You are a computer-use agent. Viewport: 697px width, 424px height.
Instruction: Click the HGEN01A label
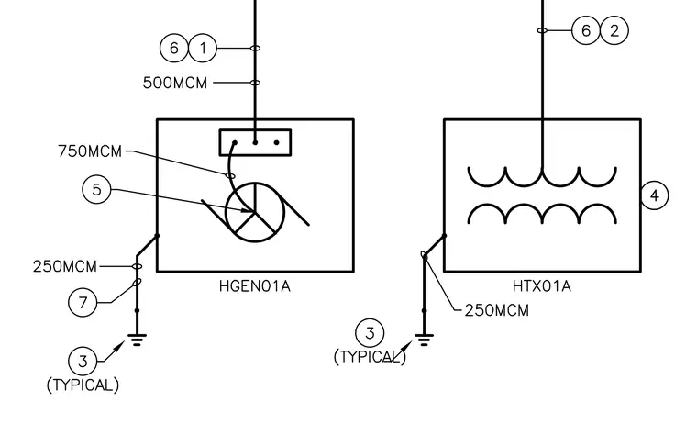coord(255,285)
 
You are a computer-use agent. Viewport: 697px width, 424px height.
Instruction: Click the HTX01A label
coord(542,285)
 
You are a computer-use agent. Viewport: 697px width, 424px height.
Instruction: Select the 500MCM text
coord(175,83)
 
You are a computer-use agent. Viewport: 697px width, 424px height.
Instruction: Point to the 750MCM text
coord(90,151)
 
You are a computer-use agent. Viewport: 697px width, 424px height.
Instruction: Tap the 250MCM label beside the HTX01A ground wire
coord(497,310)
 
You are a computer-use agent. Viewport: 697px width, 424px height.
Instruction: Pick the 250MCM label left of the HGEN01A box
coord(65,266)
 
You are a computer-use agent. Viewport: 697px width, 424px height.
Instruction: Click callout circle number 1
coord(203,48)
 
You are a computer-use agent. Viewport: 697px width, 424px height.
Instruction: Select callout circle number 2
coord(614,30)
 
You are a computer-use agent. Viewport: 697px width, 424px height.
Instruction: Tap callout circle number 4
coord(654,195)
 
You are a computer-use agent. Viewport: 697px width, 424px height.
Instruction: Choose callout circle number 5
coord(96,190)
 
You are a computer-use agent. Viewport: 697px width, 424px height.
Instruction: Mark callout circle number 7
coord(83,303)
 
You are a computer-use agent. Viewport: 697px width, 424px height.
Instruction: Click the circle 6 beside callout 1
coord(174,48)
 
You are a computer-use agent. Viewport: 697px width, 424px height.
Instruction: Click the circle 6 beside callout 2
coord(586,30)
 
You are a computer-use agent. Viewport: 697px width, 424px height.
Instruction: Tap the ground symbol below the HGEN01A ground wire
coord(137,340)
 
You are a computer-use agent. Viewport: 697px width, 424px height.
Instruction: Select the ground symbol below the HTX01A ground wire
coord(424,340)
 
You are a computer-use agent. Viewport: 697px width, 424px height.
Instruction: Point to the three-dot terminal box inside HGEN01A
coord(255,143)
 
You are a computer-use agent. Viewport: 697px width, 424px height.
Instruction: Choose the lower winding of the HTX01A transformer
coord(542,205)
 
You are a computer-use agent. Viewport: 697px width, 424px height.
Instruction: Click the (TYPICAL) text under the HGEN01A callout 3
coord(83,385)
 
